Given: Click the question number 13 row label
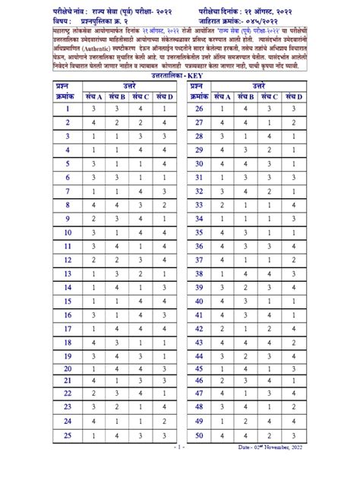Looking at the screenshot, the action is (68, 274).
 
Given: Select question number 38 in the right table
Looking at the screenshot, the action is (199, 274).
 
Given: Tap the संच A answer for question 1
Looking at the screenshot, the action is (94, 109).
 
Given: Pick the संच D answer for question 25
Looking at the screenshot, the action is (164, 436).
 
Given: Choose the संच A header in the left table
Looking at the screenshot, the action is (94, 96).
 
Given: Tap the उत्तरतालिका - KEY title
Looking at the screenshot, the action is (181, 76).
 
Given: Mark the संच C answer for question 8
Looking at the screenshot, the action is (141, 205).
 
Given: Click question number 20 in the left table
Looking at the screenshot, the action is (68, 369).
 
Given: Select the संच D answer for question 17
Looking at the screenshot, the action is (164, 329).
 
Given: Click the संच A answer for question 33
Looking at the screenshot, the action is (226, 205).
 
